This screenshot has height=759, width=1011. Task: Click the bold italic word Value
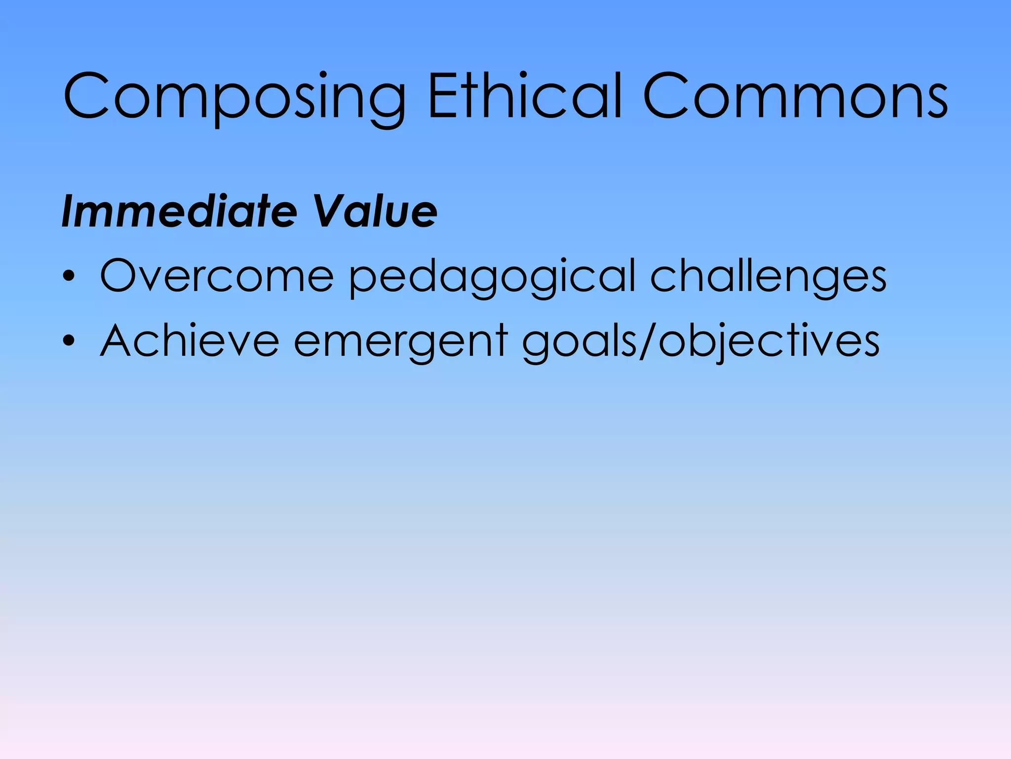375,211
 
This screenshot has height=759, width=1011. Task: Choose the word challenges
768,277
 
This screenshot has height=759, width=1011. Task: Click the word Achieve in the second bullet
190,340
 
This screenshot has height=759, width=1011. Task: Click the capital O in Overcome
120,275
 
